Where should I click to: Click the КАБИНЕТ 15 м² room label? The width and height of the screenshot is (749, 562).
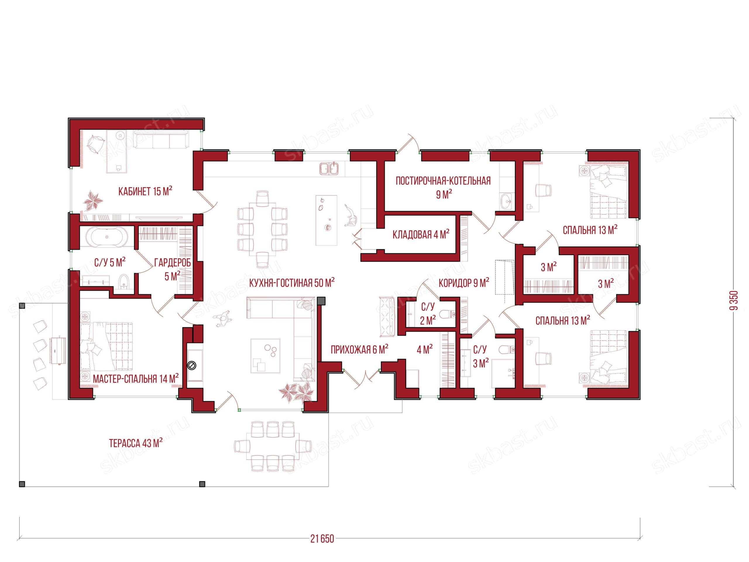145,191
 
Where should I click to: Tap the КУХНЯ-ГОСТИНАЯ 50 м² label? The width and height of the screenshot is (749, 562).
292,282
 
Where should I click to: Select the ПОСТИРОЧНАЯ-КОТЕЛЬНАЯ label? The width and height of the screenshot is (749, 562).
443,181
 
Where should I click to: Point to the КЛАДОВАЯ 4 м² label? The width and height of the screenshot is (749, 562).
421,234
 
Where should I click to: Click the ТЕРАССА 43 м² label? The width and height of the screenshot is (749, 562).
135,443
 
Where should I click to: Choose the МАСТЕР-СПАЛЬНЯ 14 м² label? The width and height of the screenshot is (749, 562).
136,379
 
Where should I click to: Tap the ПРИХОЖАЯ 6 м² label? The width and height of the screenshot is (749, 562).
359,349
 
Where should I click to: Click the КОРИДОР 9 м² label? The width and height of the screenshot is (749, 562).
464,282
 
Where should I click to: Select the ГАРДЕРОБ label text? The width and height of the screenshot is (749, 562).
172,263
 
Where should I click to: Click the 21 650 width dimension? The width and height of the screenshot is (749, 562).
322,539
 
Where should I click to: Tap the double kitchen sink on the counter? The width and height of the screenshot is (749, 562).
329,169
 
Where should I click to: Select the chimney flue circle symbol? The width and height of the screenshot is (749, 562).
192,366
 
